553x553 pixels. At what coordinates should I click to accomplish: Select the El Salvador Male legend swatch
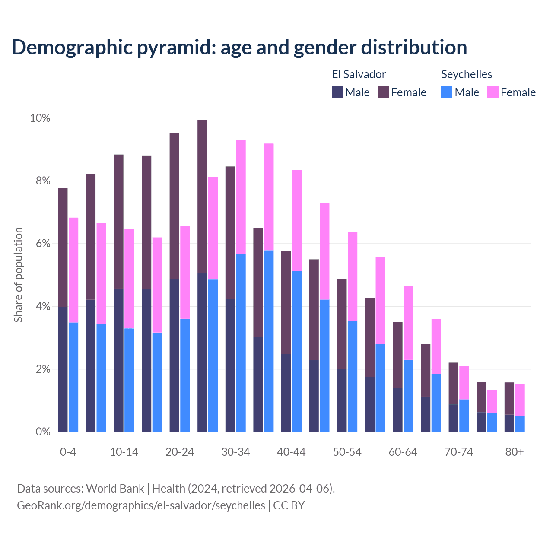(x=337, y=92)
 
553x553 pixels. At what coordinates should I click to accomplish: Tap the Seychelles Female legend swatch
(x=493, y=92)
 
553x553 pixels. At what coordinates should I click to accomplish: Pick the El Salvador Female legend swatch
(x=383, y=92)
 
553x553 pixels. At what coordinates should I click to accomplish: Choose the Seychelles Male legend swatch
(x=447, y=92)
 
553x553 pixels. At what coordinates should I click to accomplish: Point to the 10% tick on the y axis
(x=40, y=118)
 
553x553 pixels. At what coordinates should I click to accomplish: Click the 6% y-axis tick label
(x=43, y=244)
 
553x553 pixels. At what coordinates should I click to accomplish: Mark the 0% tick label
(x=43, y=432)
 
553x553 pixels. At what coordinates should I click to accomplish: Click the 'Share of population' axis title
(x=18, y=275)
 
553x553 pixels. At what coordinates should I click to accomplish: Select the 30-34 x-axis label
(x=235, y=452)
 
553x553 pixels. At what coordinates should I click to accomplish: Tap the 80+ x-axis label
(x=515, y=452)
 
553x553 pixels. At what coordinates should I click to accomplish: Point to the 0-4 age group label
(x=68, y=452)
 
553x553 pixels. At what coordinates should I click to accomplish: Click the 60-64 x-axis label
(x=403, y=452)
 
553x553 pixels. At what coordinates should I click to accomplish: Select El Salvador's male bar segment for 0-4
(x=63, y=369)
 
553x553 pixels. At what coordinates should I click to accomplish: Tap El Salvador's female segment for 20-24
(x=174, y=206)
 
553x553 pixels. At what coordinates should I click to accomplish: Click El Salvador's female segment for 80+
(x=509, y=398)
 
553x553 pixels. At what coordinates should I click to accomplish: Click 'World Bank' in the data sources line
(x=115, y=489)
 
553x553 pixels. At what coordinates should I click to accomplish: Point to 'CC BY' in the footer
(x=289, y=505)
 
